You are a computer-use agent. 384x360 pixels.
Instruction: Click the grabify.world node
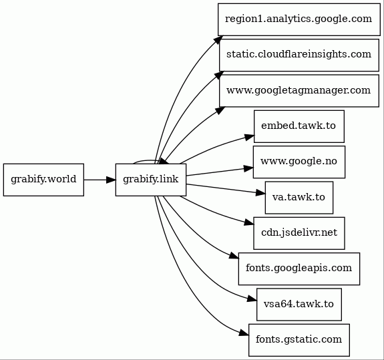pos(43,180)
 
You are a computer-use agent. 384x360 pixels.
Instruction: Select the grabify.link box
pos(151,180)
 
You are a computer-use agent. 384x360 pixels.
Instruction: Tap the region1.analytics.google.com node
pos(299,19)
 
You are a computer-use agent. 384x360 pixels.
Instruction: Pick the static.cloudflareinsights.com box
pos(299,55)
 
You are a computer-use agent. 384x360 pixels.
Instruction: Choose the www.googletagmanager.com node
pos(299,91)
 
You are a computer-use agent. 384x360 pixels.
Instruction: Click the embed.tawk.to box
pos(299,126)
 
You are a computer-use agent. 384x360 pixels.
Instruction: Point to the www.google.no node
pos(299,162)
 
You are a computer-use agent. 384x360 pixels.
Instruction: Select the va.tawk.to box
pos(299,198)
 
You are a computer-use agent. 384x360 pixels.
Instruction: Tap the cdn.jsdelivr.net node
pos(299,233)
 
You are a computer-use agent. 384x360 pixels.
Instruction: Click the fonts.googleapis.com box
pos(299,268)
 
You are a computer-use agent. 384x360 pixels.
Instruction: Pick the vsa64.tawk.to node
pos(299,305)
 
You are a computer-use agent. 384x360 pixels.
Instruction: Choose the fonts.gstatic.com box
pos(299,340)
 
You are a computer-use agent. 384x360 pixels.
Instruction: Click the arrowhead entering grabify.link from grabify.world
pos(111,180)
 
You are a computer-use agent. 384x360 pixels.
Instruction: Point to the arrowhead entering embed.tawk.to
pos(250,138)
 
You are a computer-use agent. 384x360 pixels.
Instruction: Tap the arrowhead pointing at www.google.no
pos(248,168)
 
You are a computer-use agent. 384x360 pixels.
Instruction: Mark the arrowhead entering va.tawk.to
pos(260,193)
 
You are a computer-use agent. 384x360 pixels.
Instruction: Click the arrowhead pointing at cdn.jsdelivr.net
pos(249,222)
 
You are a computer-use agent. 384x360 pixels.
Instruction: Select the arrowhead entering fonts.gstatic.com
pos(244,333)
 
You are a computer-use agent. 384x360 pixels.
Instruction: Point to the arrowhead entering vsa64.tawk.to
pos(252,299)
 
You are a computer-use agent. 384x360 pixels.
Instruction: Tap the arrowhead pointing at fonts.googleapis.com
pos(234,256)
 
